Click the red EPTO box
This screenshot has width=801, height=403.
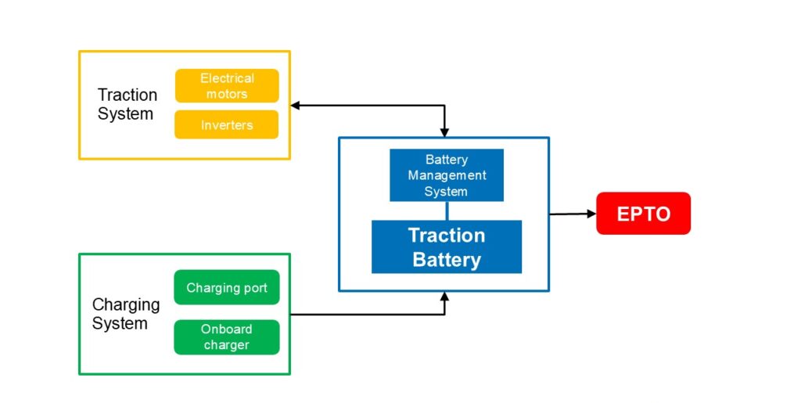coord(643,213)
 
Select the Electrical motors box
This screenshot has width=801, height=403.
coord(226,86)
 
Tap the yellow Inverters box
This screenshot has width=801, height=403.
coord(226,125)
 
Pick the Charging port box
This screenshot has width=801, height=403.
coord(226,288)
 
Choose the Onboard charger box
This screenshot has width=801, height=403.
coord(226,337)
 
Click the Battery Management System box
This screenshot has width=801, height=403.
coord(446,175)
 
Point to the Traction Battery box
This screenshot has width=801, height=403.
coord(446,246)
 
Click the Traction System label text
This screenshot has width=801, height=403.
coord(127,104)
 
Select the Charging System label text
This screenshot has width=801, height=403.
coord(125,314)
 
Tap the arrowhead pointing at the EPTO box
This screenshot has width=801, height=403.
coord(591,213)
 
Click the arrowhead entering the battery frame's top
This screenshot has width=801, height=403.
coord(444,132)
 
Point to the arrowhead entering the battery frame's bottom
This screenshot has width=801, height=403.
coord(444,297)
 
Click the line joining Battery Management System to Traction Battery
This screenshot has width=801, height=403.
coord(446,210)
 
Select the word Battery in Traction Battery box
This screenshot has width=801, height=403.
coord(446,259)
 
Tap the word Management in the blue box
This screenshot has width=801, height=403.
coord(447,175)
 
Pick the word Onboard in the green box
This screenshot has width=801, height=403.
coord(226,329)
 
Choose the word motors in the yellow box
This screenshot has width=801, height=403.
coord(226,94)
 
